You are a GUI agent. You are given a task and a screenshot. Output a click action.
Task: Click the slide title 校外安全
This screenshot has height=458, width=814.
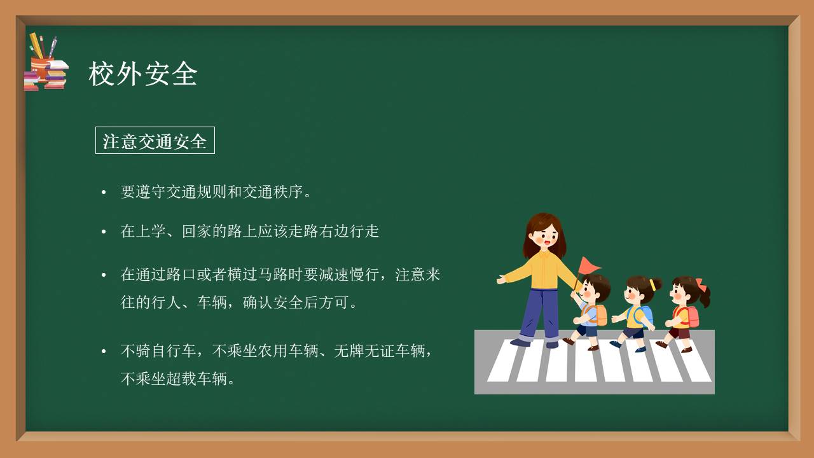coord(143,74)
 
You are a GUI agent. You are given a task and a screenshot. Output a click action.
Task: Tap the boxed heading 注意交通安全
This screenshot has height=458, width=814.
coord(155,141)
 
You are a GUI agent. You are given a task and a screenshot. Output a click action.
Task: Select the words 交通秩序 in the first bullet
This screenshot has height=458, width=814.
coord(273,191)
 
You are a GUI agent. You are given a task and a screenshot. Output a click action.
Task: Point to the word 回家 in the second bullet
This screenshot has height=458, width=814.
coord(197,231)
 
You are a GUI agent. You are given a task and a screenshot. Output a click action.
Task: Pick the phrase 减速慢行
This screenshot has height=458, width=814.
coord(349,275)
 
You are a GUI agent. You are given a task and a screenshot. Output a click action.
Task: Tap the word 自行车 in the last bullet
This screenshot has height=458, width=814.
coord(174,350)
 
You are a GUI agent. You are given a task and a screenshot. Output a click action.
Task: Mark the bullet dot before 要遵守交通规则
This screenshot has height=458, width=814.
coord(104,192)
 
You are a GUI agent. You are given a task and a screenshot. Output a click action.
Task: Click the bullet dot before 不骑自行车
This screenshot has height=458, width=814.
coord(104,351)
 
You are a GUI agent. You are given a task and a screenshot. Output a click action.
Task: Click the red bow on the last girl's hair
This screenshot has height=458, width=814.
coord(700,284)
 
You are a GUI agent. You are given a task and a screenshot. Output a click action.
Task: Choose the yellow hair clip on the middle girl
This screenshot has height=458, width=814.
coord(652,284)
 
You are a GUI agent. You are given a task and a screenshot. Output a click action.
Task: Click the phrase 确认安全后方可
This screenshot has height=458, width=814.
coord(296,303)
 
